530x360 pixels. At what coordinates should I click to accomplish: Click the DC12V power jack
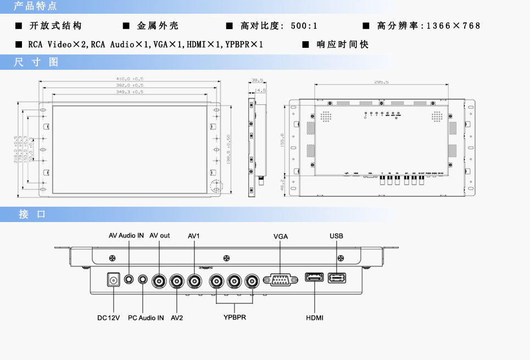click(x=114, y=280)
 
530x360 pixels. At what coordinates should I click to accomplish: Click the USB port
click(x=337, y=278)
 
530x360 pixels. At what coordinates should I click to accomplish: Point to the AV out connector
click(x=160, y=281)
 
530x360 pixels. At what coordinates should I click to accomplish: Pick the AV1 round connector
click(x=195, y=281)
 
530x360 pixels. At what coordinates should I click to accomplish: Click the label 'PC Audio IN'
click(x=146, y=318)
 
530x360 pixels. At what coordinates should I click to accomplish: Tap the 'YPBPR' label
click(x=235, y=318)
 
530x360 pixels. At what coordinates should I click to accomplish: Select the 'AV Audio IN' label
click(x=126, y=235)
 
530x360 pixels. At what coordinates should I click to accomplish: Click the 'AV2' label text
click(x=177, y=318)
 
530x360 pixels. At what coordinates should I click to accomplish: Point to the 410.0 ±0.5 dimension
click(x=130, y=79)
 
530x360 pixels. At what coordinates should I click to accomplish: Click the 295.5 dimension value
click(x=381, y=82)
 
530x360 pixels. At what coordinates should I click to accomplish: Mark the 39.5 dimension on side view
click(x=257, y=81)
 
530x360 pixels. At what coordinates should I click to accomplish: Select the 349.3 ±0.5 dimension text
click(x=130, y=92)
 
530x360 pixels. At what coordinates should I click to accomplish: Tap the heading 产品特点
click(x=35, y=7)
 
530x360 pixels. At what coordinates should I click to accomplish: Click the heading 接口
click(x=32, y=214)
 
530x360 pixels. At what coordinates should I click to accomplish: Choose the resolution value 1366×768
click(x=453, y=26)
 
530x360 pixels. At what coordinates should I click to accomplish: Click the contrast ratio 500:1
click(x=304, y=26)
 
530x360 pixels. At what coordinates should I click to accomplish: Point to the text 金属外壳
click(x=158, y=26)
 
